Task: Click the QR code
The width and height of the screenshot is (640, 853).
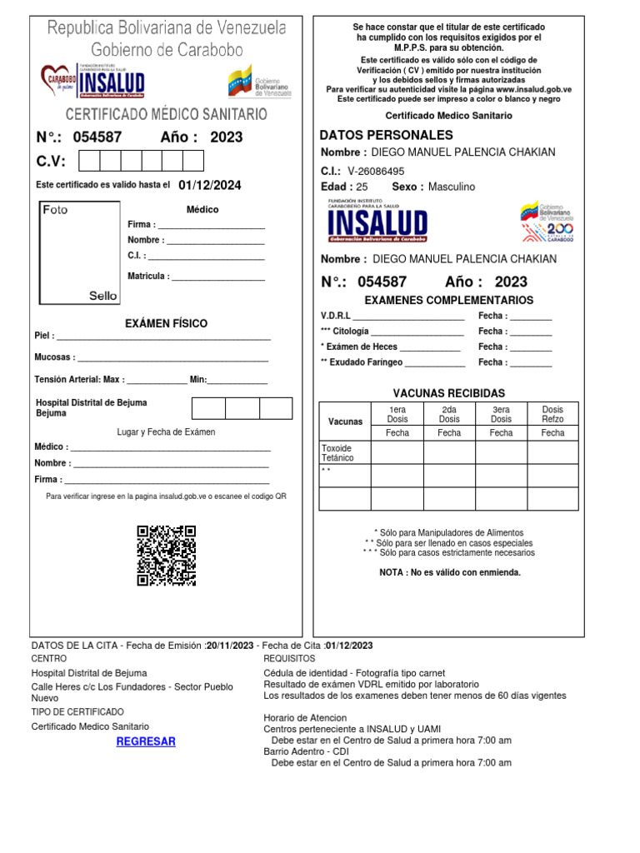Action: (166, 555)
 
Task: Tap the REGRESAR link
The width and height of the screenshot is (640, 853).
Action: (146, 741)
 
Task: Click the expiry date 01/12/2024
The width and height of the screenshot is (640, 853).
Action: (210, 185)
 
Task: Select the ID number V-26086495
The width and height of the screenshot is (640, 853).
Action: (376, 171)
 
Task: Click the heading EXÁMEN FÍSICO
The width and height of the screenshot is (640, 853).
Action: (166, 323)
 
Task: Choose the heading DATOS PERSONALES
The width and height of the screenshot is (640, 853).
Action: (387, 135)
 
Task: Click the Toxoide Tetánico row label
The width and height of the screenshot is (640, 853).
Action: (337, 453)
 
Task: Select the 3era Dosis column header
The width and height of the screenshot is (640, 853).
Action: (501, 414)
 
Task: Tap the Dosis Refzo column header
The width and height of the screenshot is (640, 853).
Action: (552, 414)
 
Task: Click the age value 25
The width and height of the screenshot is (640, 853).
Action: (362, 187)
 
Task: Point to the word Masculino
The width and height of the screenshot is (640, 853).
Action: (452, 187)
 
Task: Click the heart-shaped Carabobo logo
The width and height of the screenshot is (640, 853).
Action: (57, 81)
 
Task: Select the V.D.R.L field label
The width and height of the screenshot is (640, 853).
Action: (336, 316)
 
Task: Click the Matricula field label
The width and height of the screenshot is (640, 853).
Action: (148, 277)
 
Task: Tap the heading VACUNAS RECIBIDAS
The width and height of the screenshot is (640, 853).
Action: (449, 392)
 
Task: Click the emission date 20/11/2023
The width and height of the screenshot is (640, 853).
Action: (230, 646)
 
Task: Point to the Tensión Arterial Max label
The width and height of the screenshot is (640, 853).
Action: (80, 379)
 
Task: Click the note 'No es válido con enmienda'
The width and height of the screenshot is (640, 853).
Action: (450, 572)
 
